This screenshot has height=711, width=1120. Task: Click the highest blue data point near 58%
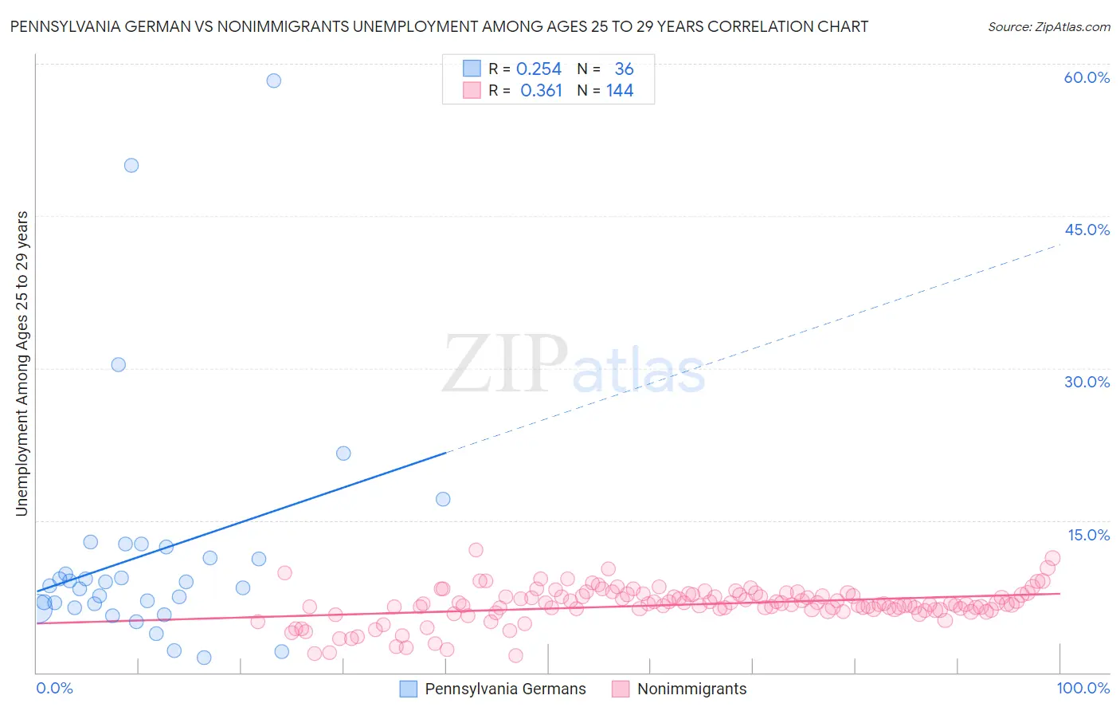(273, 81)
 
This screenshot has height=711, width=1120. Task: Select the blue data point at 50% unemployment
(131, 166)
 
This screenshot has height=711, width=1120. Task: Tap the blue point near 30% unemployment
(118, 364)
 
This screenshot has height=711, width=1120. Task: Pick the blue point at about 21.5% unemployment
(343, 453)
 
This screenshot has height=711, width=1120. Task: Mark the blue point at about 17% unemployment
(443, 499)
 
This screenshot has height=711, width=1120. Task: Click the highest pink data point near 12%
(476, 550)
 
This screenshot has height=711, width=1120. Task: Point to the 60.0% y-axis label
(1087, 77)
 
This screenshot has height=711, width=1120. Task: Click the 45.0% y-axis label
(1087, 230)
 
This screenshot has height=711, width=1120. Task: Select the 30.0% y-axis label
(1087, 382)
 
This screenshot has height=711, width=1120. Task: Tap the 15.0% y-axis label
(1088, 535)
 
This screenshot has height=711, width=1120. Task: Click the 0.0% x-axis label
(54, 688)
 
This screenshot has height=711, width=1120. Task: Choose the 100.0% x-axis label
(1083, 688)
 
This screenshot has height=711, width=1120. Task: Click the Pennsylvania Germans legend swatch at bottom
(408, 689)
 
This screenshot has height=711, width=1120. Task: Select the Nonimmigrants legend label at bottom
(691, 689)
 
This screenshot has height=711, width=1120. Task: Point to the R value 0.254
(538, 69)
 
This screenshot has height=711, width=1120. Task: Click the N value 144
(620, 91)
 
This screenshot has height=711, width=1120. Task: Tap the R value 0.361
(541, 91)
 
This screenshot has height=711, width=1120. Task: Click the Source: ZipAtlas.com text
(1048, 26)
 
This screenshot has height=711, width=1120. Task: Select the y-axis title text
(22, 363)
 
